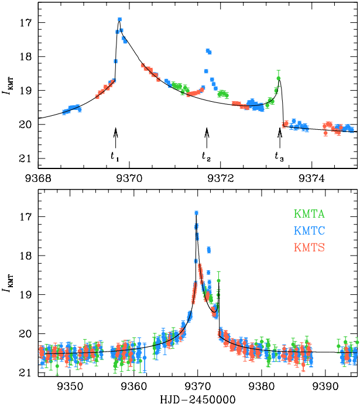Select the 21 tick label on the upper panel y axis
[28, 159]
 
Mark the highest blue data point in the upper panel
[120, 19]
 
